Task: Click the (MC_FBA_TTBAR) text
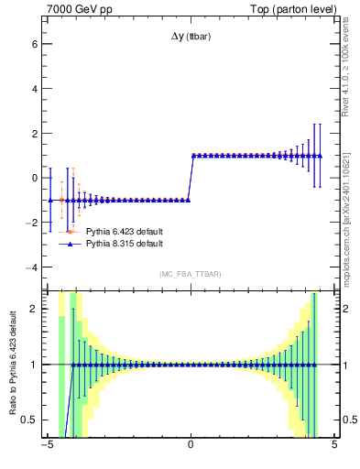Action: click(x=191, y=274)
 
